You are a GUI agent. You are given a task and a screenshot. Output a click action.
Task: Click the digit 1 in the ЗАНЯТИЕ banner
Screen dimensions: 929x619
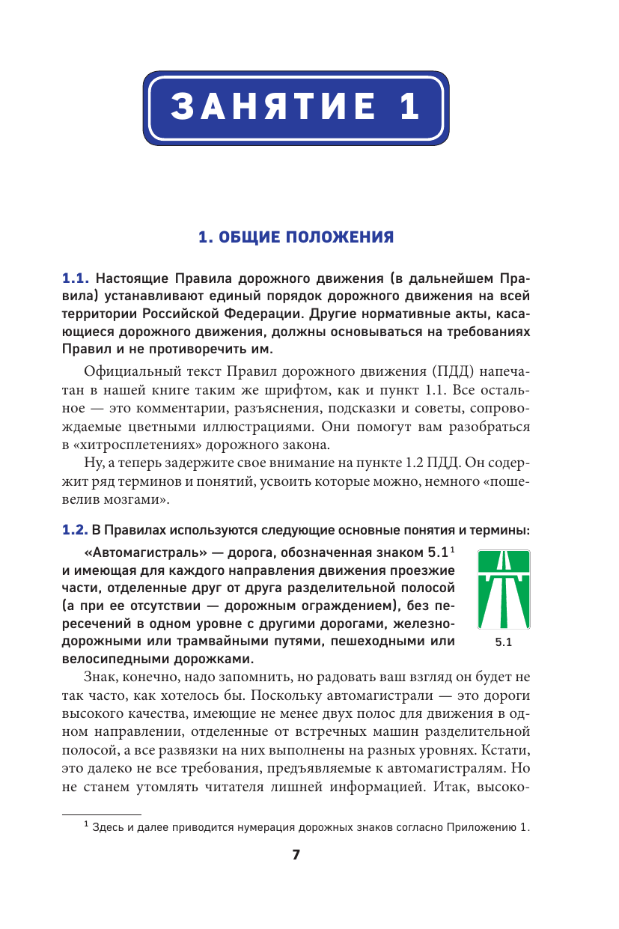408,106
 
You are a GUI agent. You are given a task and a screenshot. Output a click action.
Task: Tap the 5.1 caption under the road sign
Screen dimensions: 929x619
503,642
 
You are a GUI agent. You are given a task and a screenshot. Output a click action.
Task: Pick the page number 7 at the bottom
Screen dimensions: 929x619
296,855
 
